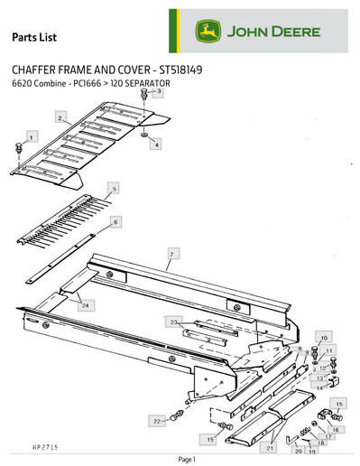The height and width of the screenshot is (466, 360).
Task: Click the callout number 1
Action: [x=32, y=136]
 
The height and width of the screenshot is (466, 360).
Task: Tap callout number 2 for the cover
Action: [x=59, y=118]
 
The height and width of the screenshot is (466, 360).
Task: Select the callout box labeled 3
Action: [x=158, y=92]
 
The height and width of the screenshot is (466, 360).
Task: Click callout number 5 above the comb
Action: [x=114, y=189]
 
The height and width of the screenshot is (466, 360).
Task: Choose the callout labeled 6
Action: [x=115, y=220]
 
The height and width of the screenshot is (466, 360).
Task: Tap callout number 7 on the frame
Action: [x=168, y=256]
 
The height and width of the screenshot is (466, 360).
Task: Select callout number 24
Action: [x=85, y=307]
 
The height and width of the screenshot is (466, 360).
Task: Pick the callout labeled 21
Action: [x=268, y=447]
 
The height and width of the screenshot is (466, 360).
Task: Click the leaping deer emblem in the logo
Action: [x=208, y=33]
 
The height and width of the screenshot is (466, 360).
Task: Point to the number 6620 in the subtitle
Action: [x=21, y=84]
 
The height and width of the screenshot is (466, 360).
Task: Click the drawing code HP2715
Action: [x=32, y=445]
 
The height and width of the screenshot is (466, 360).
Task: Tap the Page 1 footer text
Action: [x=187, y=460]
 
